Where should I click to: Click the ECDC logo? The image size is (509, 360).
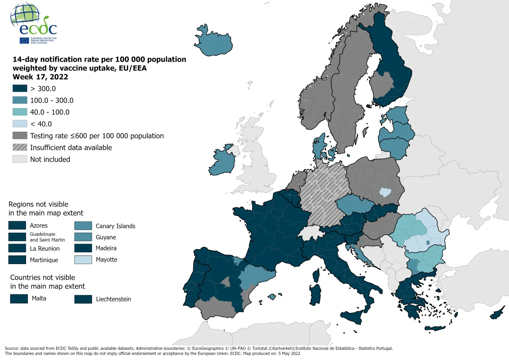tap(34, 24)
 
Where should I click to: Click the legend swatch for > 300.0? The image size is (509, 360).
tap(20, 88)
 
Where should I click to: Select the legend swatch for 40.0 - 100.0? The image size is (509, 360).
tap(20, 112)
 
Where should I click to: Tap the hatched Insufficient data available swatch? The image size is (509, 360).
tap(20, 147)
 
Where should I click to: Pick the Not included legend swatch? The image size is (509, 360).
tap(20, 159)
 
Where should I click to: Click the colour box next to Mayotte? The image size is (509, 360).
tap(83, 260)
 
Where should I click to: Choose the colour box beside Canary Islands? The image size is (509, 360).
tap(83, 226)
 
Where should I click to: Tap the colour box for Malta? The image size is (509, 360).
tap(19, 299)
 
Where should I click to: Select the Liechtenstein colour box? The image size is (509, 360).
tap(83, 299)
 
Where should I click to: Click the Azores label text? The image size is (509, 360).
tap(38, 226)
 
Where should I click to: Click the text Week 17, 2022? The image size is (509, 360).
tap(40, 77)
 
